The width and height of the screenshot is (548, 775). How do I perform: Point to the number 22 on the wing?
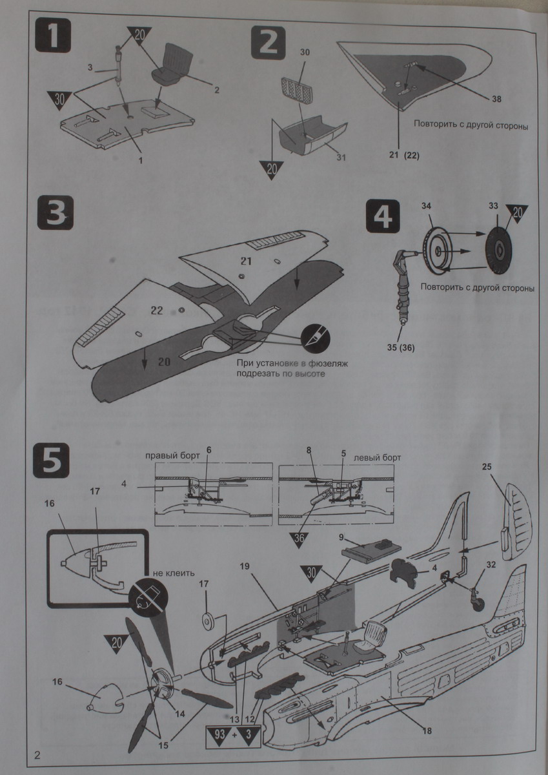coord(157,310)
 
